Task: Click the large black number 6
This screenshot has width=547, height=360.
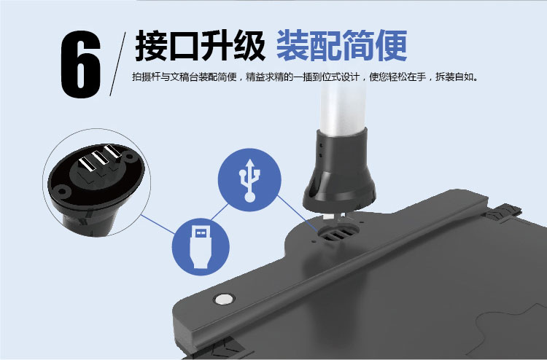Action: pyautogui.click(x=81, y=64)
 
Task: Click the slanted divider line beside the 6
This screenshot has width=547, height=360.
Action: pyautogui.click(x=117, y=64)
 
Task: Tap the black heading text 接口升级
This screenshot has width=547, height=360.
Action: pyautogui.click(x=200, y=46)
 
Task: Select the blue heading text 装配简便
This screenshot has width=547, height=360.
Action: pyautogui.click(x=342, y=46)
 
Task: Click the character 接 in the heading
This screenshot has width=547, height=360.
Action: pyautogui.click(x=151, y=46)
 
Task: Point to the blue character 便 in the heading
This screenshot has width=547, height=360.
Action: pyautogui.click(x=392, y=46)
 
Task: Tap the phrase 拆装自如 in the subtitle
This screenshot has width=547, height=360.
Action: pyautogui.click(x=456, y=77)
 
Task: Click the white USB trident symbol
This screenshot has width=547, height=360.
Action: pyautogui.click(x=249, y=180)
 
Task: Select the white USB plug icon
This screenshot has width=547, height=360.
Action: pyautogui.click(x=201, y=247)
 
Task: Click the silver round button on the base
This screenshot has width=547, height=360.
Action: pyautogui.click(x=224, y=299)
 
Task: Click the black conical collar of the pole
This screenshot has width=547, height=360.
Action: pyautogui.click(x=339, y=170)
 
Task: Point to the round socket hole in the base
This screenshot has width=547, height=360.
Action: pyautogui.click(x=338, y=232)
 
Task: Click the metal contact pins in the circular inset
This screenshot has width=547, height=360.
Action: pyautogui.click(x=100, y=157)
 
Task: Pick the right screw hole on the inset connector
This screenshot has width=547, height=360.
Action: pyautogui.click(x=130, y=157)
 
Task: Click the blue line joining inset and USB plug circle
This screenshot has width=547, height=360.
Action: pyautogui.click(x=158, y=224)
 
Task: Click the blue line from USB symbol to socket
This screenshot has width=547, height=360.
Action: pyautogui.click(x=298, y=214)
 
